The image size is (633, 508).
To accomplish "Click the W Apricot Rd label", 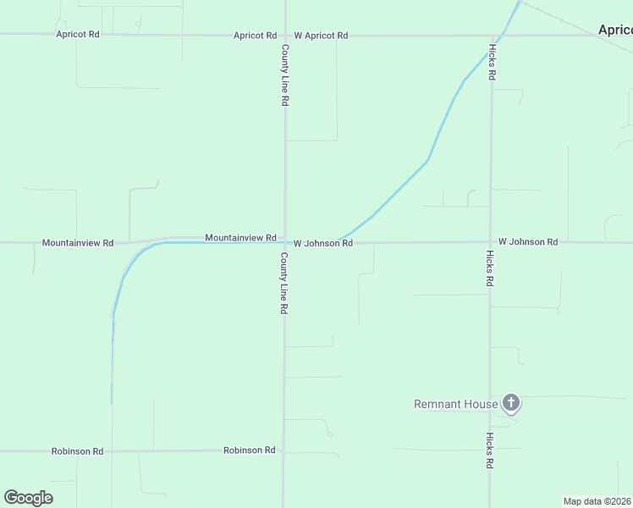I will click(321, 36).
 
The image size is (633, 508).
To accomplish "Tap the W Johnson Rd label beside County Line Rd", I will click(323, 243).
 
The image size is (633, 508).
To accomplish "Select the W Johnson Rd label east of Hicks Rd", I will click(528, 242).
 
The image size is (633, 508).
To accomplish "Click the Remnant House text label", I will click(455, 404).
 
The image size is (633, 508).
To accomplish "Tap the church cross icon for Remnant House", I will click(510, 403).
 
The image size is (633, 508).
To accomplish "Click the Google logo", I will click(28, 498).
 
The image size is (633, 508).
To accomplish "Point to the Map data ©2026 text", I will click(597, 501).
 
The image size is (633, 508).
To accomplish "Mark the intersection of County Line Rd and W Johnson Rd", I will click(285, 243).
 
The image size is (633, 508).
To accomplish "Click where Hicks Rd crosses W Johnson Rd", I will click(490, 242).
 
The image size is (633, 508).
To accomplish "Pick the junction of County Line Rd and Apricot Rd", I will click(285, 36).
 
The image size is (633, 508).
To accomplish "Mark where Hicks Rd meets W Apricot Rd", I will click(491, 36).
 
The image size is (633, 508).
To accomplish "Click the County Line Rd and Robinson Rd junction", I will click(284, 450).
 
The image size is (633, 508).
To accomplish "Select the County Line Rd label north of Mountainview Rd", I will click(285, 75).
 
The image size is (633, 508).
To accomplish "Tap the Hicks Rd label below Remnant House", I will click(490, 450).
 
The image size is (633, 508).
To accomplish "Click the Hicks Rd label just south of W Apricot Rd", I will click(491, 61).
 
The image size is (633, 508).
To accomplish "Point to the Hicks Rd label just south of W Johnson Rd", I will click(490, 268).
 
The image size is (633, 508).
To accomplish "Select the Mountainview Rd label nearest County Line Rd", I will click(240, 238).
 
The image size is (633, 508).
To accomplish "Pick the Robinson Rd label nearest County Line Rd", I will click(249, 450).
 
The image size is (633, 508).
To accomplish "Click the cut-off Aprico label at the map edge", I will click(615, 30).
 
